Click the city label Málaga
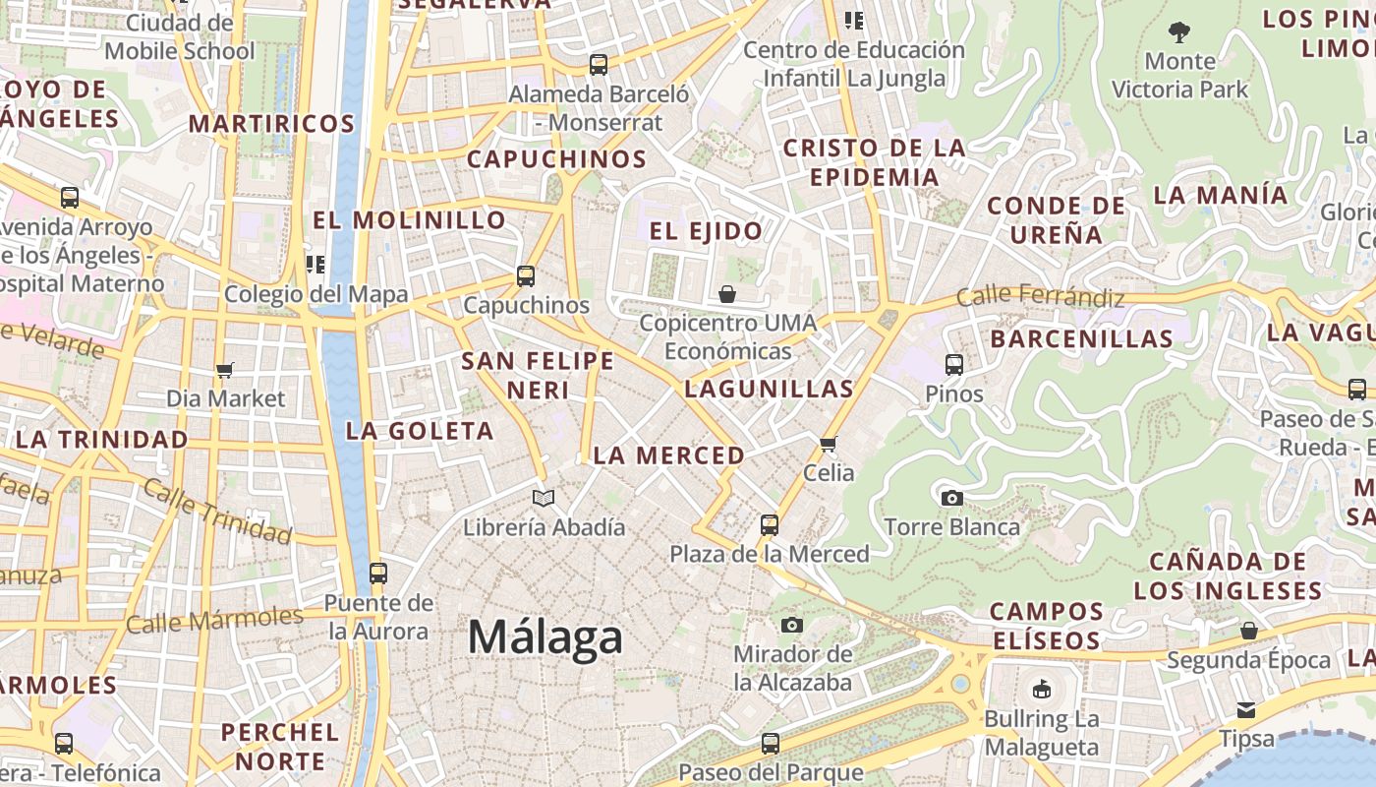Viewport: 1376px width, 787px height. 545,637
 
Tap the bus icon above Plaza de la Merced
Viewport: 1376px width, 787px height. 770,525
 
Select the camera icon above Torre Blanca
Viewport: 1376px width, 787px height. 951,499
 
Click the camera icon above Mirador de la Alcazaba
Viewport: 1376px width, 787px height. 792,625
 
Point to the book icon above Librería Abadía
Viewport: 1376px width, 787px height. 544,499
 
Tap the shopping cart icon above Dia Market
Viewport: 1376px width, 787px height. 225,371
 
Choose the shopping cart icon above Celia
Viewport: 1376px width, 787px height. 829,444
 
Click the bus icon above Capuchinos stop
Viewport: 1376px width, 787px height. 526,276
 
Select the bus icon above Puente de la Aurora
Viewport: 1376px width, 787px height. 377,574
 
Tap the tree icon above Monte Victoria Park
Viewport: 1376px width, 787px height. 1179,32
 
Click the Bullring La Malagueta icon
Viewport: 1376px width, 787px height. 1042,690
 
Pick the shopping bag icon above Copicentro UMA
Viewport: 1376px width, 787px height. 727,294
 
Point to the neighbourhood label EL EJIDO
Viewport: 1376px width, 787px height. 706,231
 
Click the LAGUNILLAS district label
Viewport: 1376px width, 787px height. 769,389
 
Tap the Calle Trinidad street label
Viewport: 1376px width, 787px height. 217,512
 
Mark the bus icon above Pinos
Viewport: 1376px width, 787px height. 953,365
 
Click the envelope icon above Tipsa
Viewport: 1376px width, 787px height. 1246,710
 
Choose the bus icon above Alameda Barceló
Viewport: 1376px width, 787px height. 599,66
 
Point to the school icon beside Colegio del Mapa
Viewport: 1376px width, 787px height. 315,264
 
